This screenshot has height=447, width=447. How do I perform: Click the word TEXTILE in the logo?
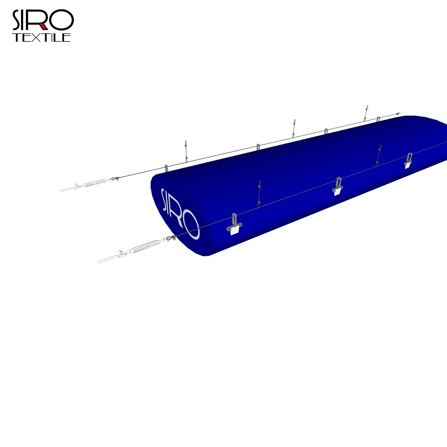[41, 38]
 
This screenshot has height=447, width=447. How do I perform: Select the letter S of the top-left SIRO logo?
[18, 21]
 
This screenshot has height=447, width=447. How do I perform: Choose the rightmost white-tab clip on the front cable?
[408, 160]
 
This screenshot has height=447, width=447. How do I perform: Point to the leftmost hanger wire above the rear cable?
[186, 151]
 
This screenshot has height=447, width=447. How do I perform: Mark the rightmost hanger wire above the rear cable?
[366, 113]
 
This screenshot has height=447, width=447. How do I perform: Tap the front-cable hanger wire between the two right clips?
[378, 155]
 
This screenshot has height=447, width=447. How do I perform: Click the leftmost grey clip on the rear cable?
[167, 168]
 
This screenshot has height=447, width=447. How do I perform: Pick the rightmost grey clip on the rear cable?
[378, 119]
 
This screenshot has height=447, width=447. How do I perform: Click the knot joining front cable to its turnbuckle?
[169, 239]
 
